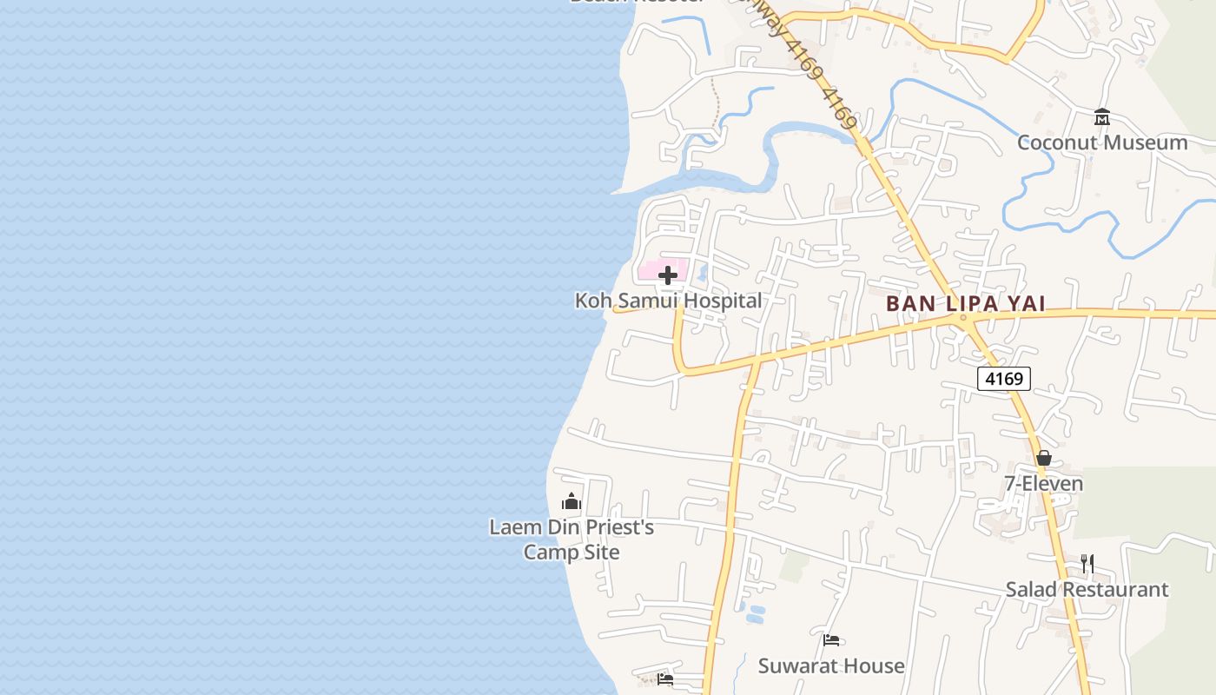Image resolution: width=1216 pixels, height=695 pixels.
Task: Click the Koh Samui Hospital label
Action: (x=668, y=301)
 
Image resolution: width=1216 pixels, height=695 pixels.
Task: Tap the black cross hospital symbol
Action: (x=668, y=275)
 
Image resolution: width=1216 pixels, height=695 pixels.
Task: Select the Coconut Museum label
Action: (x=1102, y=142)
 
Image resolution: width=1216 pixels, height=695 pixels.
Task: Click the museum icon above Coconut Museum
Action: (x=1102, y=117)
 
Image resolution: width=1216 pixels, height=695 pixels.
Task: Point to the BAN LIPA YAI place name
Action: (x=965, y=304)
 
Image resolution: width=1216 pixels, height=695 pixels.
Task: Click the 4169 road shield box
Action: (x=1003, y=379)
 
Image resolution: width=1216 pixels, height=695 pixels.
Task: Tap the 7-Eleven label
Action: (x=1043, y=484)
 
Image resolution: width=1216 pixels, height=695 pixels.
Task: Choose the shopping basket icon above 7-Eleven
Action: (x=1044, y=458)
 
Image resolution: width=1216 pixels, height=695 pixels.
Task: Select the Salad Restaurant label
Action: (x=1087, y=589)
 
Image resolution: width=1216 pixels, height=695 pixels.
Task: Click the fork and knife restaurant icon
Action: (x=1087, y=564)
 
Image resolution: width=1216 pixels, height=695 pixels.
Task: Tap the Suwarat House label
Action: (x=831, y=666)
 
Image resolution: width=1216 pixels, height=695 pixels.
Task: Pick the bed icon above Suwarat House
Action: (x=831, y=641)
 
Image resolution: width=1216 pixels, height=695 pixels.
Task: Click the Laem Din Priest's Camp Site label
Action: (x=572, y=539)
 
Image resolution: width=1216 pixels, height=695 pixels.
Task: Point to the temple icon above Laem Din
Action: (x=572, y=501)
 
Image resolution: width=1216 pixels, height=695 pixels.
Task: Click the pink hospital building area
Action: (x=650, y=271)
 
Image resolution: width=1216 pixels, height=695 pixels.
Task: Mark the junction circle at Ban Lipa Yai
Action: (x=962, y=319)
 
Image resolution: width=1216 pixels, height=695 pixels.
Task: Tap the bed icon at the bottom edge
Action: (x=665, y=679)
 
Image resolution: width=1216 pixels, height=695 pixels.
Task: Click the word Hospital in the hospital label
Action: (x=718, y=301)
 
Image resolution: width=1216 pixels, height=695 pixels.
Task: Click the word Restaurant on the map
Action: (x=1115, y=589)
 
